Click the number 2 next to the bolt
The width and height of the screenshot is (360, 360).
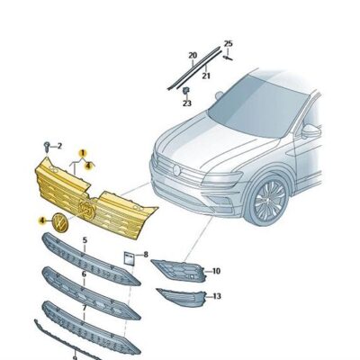(x=59, y=146)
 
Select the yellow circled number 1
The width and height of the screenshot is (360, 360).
(x=80, y=154)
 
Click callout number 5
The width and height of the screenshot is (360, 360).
(x=85, y=240)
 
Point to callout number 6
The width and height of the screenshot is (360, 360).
(x=85, y=274)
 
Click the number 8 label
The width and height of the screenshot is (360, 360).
(x=146, y=256)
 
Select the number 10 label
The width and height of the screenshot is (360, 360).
(x=216, y=270)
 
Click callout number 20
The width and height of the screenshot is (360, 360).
(x=193, y=56)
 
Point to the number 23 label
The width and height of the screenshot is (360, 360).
(x=187, y=103)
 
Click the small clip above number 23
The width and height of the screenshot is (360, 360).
(x=185, y=91)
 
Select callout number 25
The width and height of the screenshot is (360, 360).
(x=228, y=44)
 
